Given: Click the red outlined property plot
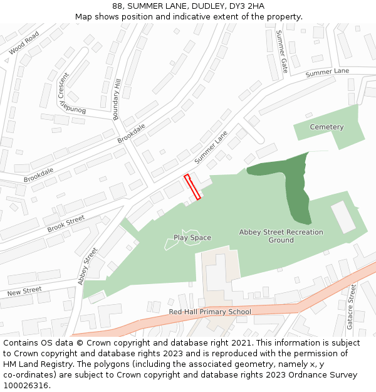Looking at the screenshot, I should click(x=193, y=187).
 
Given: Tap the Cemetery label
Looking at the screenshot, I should click(x=326, y=127).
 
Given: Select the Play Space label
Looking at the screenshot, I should click(x=192, y=238).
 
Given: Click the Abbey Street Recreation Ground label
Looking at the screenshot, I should click(x=281, y=236).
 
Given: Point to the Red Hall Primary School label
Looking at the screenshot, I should click(x=210, y=312).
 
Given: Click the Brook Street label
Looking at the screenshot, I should click(x=66, y=223).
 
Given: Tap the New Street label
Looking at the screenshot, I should click(x=24, y=292).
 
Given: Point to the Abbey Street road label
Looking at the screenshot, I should click(x=88, y=266).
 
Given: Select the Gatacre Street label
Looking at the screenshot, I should click(x=351, y=307).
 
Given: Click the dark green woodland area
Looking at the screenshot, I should click(x=295, y=188).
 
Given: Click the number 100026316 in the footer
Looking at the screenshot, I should click(x=26, y=386).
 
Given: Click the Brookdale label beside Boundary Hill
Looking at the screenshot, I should click(x=131, y=133).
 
